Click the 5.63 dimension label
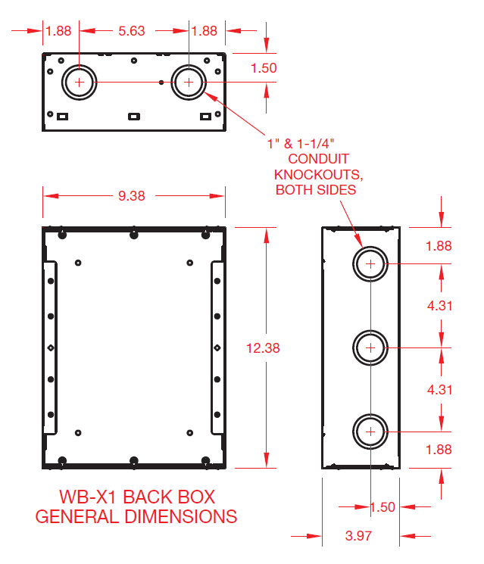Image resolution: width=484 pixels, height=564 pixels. [x=132, y=31]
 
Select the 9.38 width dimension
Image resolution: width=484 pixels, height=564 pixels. [x=132, y=196]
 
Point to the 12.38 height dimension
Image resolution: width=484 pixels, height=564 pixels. [x=263, y=348]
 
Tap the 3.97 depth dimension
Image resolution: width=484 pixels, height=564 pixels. [x=358, y=536]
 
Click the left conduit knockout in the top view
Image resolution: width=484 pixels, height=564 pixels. [x=80, y=66]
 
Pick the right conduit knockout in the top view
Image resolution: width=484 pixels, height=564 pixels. [x=189, y=66]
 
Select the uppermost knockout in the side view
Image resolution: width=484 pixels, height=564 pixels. [x=370, y=248]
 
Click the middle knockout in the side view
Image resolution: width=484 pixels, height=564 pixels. [x=370, y=332]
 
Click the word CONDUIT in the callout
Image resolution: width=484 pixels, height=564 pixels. [x=318, y=159]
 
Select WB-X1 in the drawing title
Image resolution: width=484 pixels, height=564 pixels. [x=88, y=497]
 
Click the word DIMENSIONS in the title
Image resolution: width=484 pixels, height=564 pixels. [x=181, y=517]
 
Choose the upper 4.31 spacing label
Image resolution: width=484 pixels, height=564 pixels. [x=440, y=306]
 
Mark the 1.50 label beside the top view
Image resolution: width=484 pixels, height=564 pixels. [x=264, y=68]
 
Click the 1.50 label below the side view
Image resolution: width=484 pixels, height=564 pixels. [x=383, y=507]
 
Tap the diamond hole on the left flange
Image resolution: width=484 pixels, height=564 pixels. [x=51, y=347]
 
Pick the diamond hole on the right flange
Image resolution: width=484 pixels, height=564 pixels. [x=217, y=347]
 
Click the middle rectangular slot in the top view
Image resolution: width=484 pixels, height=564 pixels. [x=134, y=117]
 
